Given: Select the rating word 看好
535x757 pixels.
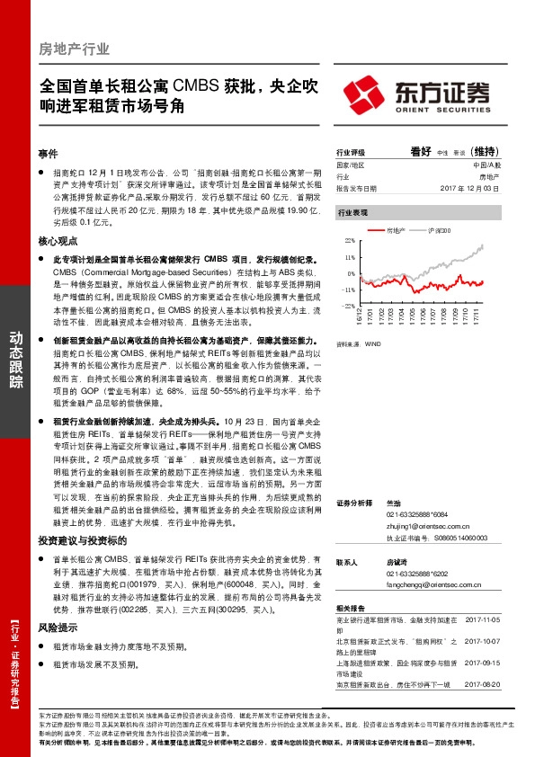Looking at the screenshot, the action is point(421,152).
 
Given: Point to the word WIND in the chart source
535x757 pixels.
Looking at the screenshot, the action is point(373,343).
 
